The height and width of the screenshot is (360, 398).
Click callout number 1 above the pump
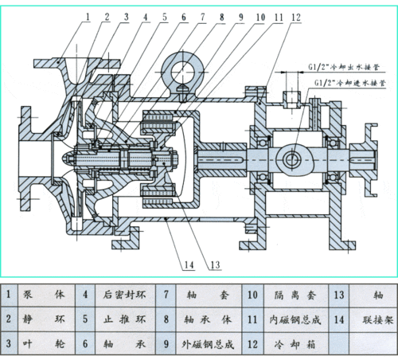pyautogui.click(x=88, y=14)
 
